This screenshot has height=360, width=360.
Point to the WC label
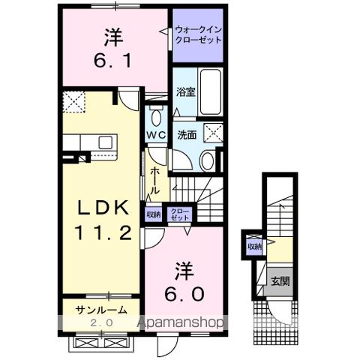156,134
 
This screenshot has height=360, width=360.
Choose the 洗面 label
187,136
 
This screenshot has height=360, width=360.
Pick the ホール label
154,181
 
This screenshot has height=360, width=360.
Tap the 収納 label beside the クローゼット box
154,214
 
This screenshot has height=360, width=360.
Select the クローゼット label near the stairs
180,214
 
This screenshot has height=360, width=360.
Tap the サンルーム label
100,310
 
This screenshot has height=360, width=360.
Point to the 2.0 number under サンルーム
100,322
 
